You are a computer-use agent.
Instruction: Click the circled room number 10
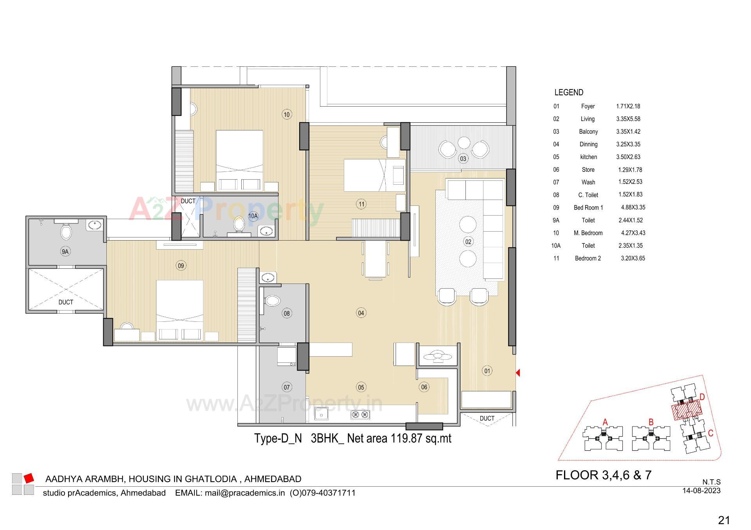coord(287,114)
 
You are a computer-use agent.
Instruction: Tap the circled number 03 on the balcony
coord(463,159)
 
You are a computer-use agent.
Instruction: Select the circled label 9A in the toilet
coord(65,252)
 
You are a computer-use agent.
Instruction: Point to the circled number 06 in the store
coord(424,387)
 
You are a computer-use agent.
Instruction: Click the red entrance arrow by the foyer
coord(517,373)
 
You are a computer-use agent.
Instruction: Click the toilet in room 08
coord(272,301)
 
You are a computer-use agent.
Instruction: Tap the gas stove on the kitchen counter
coord(360,415)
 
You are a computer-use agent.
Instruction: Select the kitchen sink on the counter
coord(322,414)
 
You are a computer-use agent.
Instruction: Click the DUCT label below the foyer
coord(487,418)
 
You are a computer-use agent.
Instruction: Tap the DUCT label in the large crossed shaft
coord(66,302)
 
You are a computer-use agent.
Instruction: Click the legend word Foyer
coord(588,106)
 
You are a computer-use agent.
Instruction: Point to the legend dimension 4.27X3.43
coord(633,233)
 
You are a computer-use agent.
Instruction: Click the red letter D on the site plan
coord(702,397)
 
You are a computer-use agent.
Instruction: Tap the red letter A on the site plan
coord(605,422)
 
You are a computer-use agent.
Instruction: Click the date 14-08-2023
coord(701,491)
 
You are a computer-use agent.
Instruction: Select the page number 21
coord(724,520)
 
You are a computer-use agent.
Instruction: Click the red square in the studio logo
coord(29,478)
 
